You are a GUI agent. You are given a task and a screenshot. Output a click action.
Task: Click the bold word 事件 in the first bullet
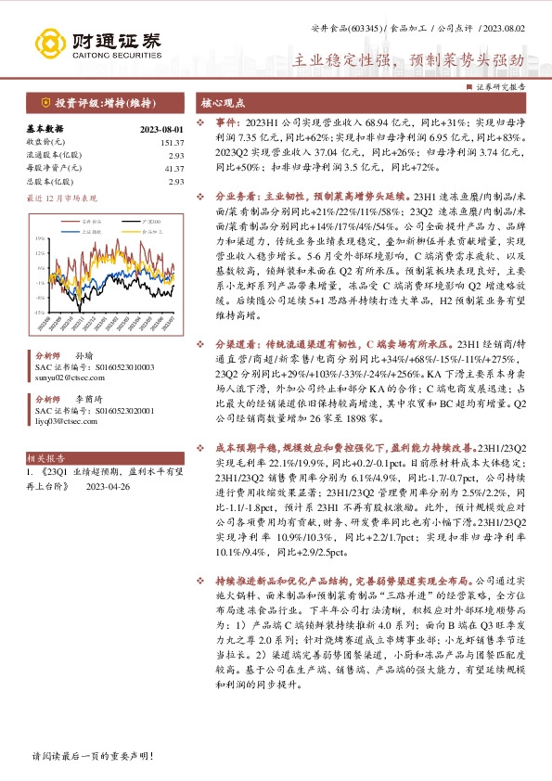(227, 122)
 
